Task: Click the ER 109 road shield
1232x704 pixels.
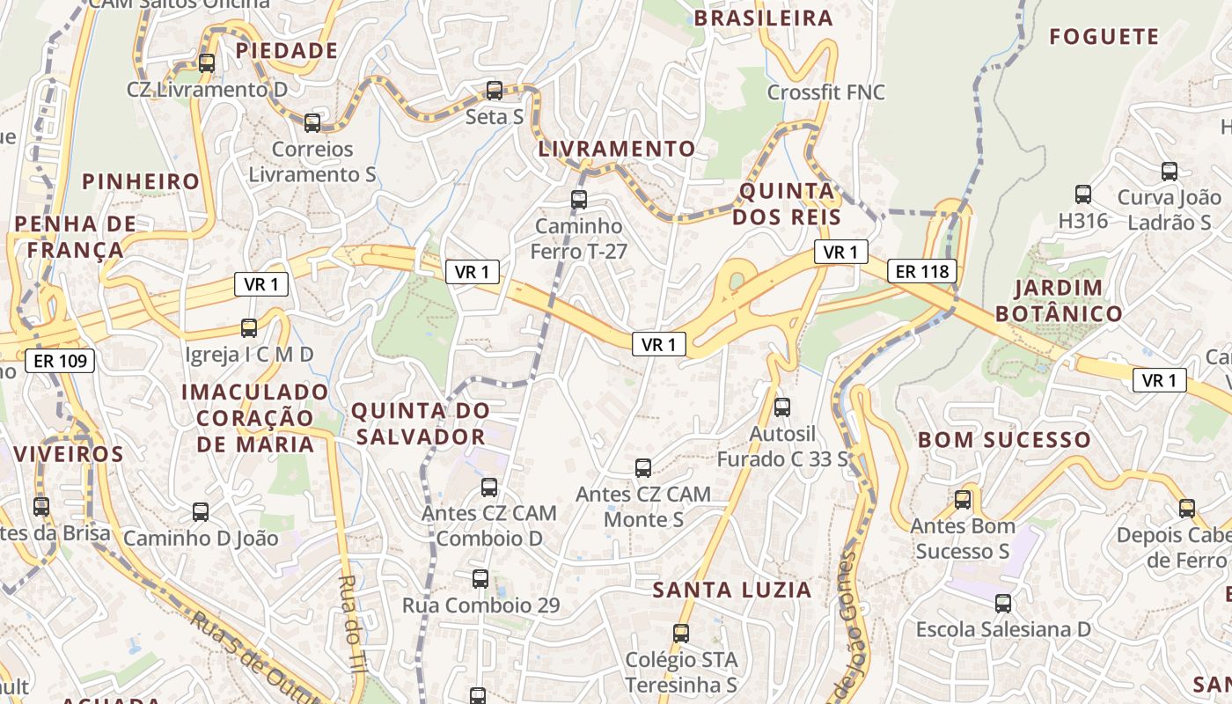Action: click(60, 360)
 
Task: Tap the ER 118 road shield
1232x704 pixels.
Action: click(922, 271)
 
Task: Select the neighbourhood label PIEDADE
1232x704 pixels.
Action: click(287, 51)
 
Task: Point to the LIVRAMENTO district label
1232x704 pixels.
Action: click(616, 149)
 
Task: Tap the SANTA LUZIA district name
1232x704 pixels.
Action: click(732, 590)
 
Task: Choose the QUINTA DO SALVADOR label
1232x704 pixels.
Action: click(419, 423)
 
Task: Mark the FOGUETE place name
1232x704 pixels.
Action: click(1104, 37)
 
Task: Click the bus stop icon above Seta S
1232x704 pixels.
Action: click(495, 91)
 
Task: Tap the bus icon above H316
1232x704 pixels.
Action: click(1083, 194)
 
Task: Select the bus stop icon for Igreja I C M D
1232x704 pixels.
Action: click(249, 328)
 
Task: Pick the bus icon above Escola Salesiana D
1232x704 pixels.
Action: click(1003, 604)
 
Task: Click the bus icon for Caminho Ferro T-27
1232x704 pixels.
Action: click(579, 200)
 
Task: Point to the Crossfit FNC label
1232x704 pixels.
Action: click(825, 92)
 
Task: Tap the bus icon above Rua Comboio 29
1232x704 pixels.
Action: click(480, 579)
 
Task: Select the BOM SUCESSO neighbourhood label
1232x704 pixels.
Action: click(1004, 440)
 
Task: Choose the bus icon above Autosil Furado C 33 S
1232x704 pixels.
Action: click(782, 407)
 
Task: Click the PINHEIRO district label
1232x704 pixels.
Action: click(141, 182)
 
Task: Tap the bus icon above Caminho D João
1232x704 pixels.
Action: click(201, 512)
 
